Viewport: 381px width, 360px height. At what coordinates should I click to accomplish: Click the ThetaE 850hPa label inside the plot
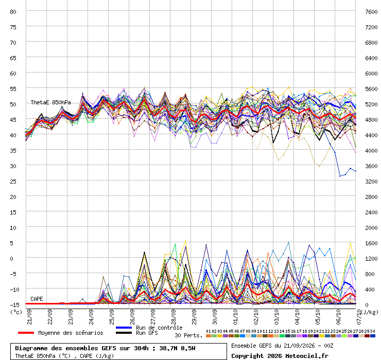coord(50,102)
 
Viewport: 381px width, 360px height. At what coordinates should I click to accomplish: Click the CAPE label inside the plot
coord(37,299)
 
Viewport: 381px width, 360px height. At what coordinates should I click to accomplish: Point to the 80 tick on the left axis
coord(13,12)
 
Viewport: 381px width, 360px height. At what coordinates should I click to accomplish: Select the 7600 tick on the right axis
coord(371,12)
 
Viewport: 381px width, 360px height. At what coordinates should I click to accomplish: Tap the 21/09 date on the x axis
coord(29,317)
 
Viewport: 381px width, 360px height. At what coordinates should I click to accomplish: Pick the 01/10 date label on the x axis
coord(235,317)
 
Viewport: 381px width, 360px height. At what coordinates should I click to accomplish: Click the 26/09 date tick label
coord(132,317)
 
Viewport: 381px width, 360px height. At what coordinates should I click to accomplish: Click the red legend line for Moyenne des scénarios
coord(26,333)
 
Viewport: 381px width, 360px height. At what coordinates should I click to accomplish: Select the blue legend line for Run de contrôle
coord(124,328)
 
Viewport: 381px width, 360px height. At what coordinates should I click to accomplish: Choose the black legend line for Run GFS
coord(124,333)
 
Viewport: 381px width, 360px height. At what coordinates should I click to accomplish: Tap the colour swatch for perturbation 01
coord(209,336)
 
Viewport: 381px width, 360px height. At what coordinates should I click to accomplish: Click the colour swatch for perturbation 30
coord(372,336)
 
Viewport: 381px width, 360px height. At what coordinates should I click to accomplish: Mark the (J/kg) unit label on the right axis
coord(370,312)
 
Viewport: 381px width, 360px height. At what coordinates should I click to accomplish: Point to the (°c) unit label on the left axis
coord(16,312)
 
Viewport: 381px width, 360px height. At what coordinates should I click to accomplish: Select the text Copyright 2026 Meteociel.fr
coord(280,356)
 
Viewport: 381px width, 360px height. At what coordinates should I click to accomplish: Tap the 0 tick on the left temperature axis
coord(11,259)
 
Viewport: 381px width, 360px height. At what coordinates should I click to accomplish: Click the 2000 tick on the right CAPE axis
coord(371,228)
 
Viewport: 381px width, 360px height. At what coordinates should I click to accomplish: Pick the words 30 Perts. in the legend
coord(188,335)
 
